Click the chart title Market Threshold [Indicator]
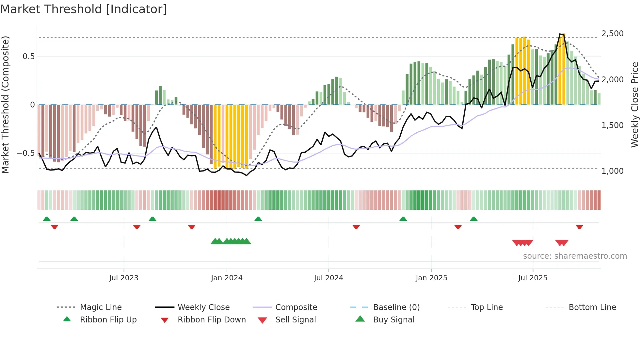click(84, 9)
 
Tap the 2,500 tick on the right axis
click(612, 34)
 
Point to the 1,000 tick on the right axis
click(612, 171)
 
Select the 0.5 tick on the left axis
click(28, 57)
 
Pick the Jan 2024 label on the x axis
click(227, 278)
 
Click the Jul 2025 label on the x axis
click(533, 278)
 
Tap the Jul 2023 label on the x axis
click(124, 278)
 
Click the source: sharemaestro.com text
click(575, 256)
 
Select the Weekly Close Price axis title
click(634, 105)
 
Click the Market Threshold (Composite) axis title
click(5, 105)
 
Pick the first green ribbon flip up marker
click(47, 219)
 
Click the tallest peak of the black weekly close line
click(560, 34)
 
